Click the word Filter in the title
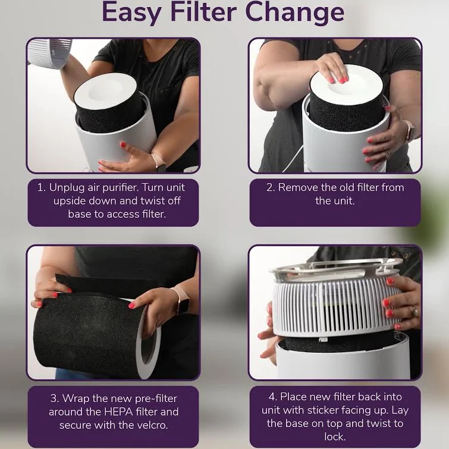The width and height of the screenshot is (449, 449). click(203, 12)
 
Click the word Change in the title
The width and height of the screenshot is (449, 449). click(294, 14)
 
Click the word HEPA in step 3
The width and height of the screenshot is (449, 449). click(118, 412)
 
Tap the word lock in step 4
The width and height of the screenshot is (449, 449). click(335, 437)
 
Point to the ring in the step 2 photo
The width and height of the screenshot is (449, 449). click(387, 155)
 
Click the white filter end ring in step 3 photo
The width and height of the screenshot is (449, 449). click(148, 341)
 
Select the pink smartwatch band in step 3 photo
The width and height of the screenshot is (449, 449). click(180, 299)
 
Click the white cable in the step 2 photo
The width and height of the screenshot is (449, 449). click(294, 158)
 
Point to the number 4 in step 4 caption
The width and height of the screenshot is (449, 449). click(272, 397)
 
